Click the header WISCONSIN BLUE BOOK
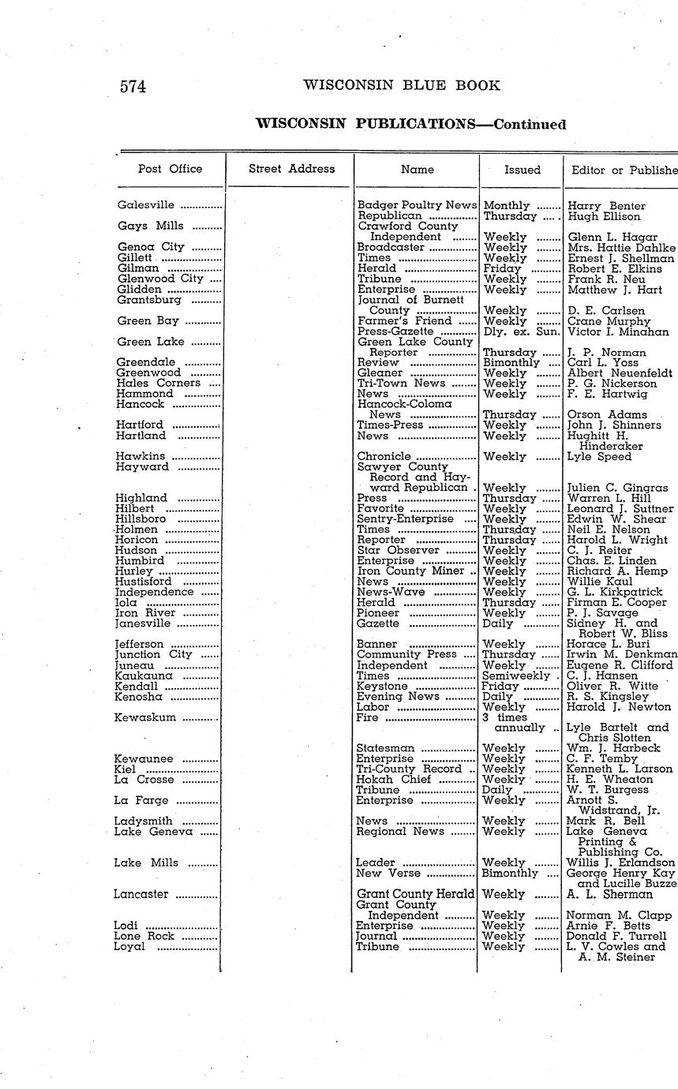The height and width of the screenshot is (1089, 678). (401, 86)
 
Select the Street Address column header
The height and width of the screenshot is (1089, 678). (291, 169)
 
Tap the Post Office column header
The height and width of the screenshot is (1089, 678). (170, 169)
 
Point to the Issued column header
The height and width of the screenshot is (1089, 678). (523, 170)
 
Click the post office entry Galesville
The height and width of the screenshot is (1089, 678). (145, 205)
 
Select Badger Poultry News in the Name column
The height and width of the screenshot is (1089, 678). (417, 206)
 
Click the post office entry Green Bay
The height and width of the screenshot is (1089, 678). (148, 321)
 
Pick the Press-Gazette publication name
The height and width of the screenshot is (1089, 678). (395, 332)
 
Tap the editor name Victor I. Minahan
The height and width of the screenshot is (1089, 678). (618, 332)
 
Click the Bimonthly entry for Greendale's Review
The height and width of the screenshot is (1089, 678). (511, 363)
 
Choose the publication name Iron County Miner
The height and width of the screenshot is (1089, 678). (410, 571)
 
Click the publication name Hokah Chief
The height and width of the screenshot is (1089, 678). (394, 780)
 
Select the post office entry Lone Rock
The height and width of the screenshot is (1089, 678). (144, 936)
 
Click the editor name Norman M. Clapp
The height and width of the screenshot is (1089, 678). (620, 915)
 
